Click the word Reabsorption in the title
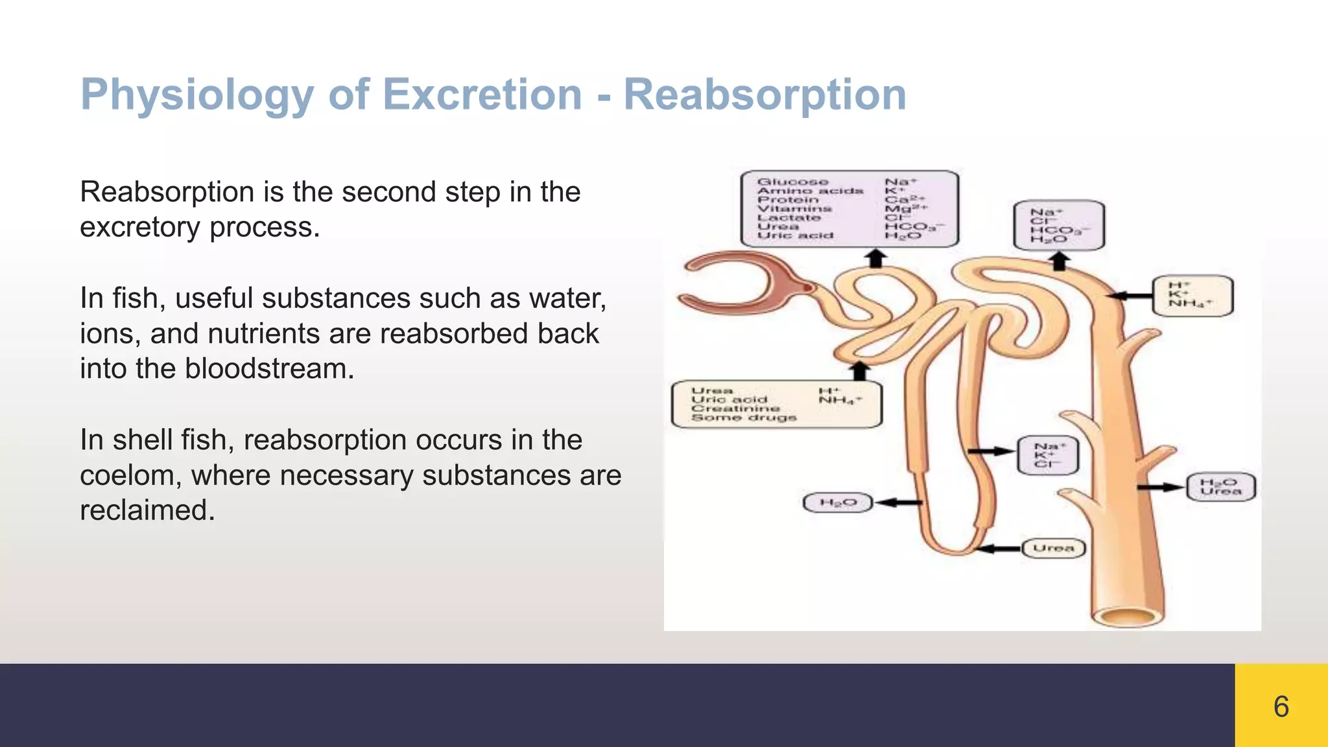pos(765,95)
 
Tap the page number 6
pos(1281,706)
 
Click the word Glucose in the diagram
pos(792,182)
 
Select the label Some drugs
pos(743,418)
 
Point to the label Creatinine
pos(735,409)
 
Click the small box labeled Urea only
pos(1053,548)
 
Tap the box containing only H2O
pos(838,503)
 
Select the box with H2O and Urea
pos(1220,487)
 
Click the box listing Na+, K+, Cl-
pos(1048,455)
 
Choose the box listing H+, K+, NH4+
pos(1192,296)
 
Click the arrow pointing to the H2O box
pos(898,503)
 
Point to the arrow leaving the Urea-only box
pos(999,549)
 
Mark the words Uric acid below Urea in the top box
pos(795,235)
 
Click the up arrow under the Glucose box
pos(876,259)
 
